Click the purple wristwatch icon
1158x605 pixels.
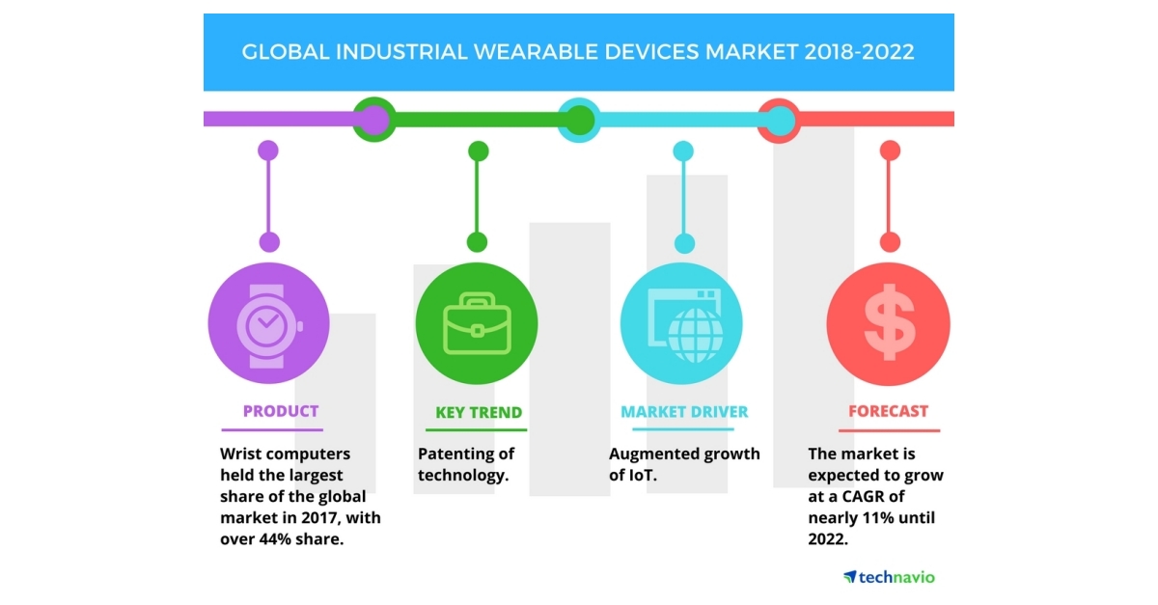pos(269,325)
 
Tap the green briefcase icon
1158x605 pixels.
pos(477,325)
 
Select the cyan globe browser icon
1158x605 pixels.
pos(683,325)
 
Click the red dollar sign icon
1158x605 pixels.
pos(889,325)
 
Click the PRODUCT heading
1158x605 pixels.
pos(280,411)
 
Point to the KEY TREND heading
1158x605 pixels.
pos(478,412)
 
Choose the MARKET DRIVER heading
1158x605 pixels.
pos(684,412)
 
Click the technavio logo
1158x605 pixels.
pos(889,577)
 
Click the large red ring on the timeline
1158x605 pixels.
pos(779,121)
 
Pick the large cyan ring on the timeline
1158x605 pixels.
pos(578,121)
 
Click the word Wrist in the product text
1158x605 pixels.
pos(242,454)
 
